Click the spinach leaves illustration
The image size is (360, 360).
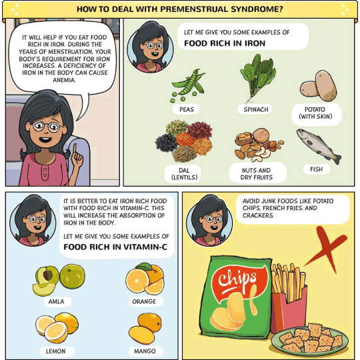[x=257, y=77]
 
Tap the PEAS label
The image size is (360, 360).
[x=186, y=109]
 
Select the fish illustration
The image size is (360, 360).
[x=319, y=145]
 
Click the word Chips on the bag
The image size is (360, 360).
[x=237, y=279]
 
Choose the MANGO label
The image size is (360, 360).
[x=145, y=351]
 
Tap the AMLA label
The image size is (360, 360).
[x=56, y=301]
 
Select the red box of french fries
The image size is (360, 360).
[x=289, y=305]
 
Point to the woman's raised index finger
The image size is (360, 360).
[x=75, y=151]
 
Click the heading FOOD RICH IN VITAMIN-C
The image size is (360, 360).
[x=115, y=247]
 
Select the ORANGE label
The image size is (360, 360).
[x=144, y=301]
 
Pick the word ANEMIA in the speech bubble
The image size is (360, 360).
[x=64, y=80]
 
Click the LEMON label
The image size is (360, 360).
[x=55, y=351]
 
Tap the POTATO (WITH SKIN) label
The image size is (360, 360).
[x=315, y=113]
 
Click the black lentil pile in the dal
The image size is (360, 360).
[x=166, y=143]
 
